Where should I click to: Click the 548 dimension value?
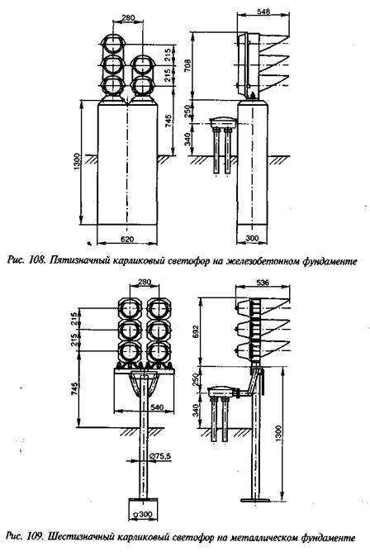pos(263,12)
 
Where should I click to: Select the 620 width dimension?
pos(127,240)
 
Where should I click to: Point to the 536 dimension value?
pos(263,283)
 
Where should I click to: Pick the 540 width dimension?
pos(157,407)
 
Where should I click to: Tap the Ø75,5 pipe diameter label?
pos(160,456)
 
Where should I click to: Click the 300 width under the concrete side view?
pos(252,238)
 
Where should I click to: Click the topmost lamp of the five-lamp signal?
pos(112,45)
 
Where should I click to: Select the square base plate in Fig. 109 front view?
pos(143,510)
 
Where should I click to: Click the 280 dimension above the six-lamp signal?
pos(145,282)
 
